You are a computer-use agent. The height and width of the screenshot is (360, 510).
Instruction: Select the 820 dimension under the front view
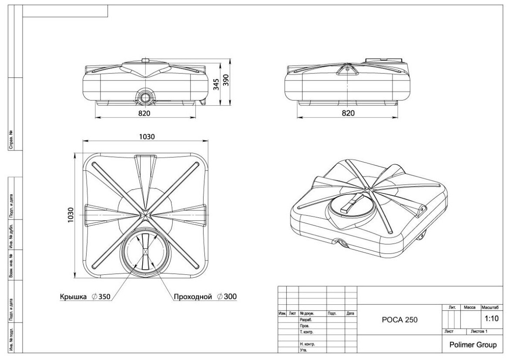[144, 113]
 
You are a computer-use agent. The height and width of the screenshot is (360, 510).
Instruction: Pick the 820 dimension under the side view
[348, 113]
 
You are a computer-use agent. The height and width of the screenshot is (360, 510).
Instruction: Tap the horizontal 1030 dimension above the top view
[147, 137]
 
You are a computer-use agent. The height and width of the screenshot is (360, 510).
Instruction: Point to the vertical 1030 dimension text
[71, 214]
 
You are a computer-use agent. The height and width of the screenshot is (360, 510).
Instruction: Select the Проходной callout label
[193, 297]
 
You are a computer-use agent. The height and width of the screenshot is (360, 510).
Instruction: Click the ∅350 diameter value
[101, 297]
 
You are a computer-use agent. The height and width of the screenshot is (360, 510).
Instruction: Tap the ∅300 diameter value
[227, 297]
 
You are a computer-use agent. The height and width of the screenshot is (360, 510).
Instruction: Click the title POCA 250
[399, 320]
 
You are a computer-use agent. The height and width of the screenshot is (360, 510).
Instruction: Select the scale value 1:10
[491, 318]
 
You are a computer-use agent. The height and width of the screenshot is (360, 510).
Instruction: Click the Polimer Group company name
[472, 345]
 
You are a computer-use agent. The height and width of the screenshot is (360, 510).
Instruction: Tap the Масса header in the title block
[470, 307]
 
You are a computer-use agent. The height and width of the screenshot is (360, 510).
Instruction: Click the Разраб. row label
[307, 319]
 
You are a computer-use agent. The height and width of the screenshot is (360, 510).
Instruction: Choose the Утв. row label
[304, 350]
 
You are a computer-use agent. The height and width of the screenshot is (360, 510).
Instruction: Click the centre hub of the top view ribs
[145, 214]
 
